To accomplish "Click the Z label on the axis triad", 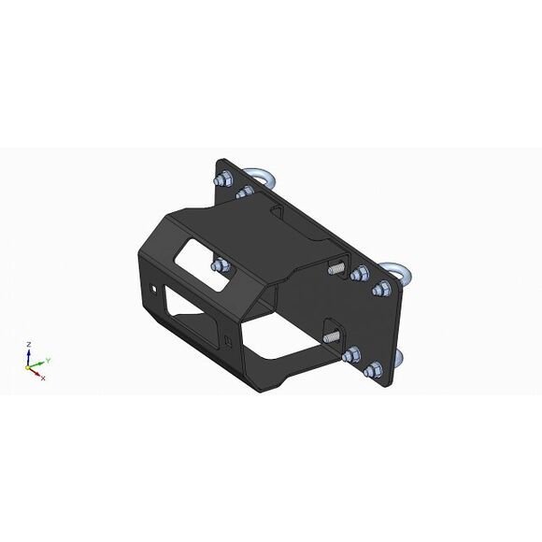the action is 29,344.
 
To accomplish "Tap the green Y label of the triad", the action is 49,360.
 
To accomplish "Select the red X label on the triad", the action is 43,378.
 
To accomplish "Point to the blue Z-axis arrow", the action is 29,358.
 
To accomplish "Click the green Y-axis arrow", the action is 36,364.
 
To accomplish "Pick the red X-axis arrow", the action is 35,372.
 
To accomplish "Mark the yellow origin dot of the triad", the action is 28,368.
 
